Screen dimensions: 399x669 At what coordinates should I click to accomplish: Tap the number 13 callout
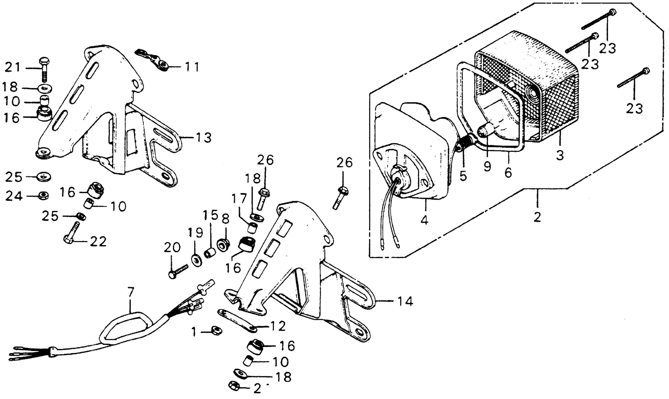203,138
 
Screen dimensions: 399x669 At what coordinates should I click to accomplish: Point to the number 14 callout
404,301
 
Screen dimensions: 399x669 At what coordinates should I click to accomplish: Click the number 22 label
98,242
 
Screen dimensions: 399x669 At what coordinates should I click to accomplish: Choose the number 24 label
14,196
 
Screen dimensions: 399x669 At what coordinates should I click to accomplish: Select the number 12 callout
278,326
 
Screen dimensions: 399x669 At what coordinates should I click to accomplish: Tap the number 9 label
487,167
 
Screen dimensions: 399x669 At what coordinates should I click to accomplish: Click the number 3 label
560,155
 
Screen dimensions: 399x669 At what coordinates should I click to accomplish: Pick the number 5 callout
463,176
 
